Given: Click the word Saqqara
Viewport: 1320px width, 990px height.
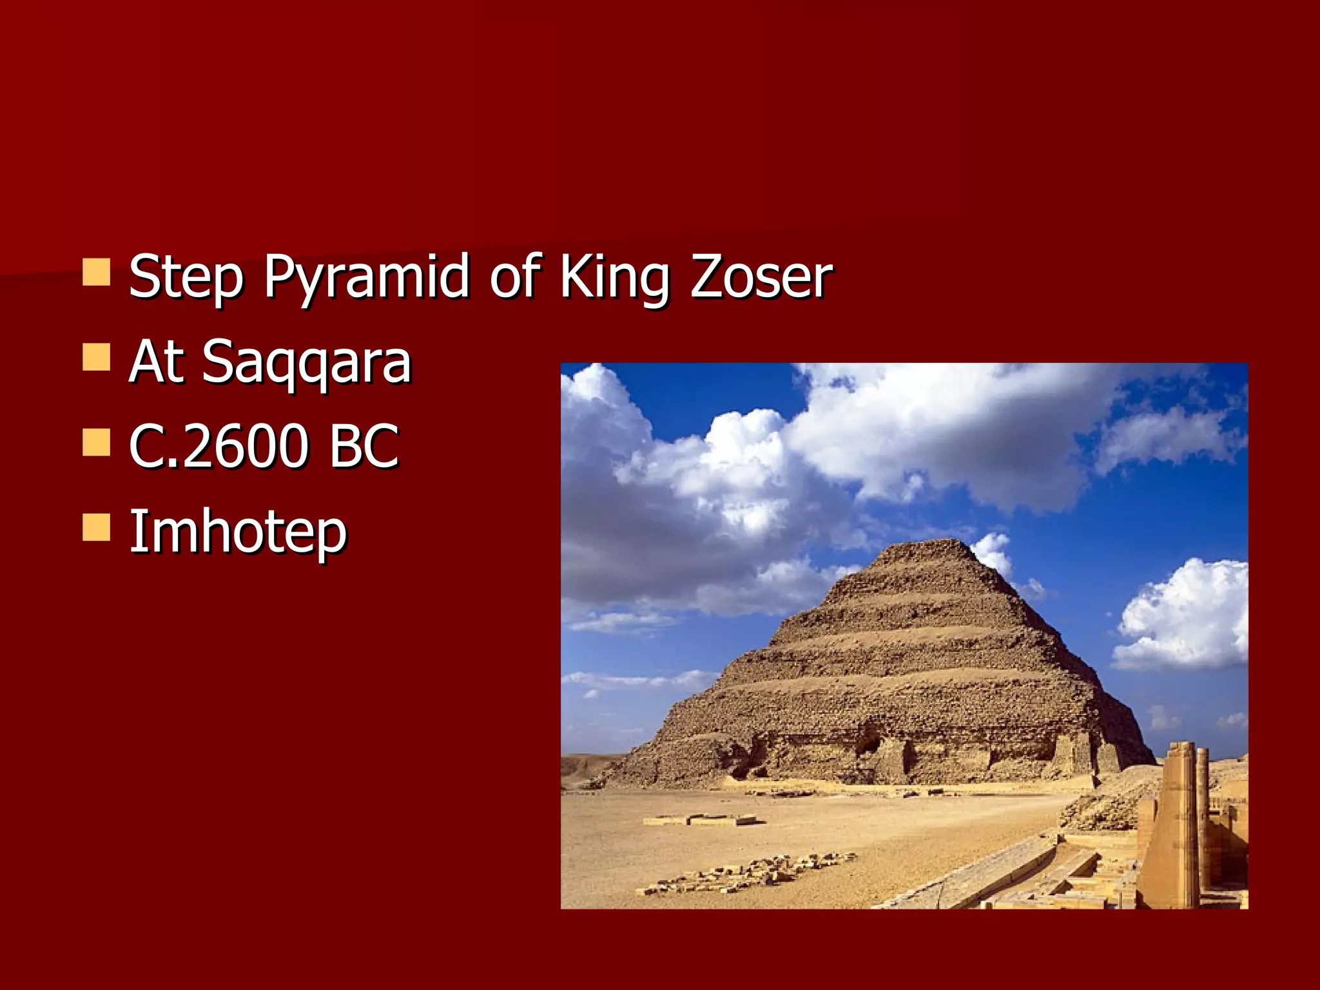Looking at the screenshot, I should (x=307, y=362).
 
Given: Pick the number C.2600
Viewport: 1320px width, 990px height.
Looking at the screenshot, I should (x=219, y=446).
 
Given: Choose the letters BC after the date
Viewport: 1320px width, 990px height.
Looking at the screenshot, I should (x=364, y=446).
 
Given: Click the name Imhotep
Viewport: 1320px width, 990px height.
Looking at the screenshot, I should (x=238, y=532).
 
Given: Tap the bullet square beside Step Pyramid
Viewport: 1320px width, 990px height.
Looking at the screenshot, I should (x=97, y=272).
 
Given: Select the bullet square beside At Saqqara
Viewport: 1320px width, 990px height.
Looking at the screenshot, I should (x=97, y=356).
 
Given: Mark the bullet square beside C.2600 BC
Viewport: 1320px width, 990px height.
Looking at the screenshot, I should (x=97, y=442).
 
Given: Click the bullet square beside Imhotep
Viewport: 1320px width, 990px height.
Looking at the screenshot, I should (x=97, y=527).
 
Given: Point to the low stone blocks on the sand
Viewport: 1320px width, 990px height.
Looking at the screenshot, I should (x=703, y=820).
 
